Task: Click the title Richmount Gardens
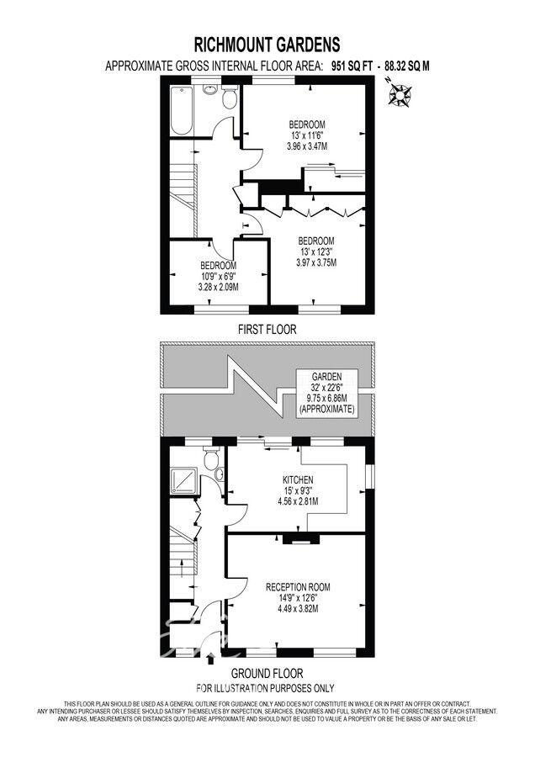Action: point(267,45)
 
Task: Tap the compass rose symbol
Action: point(400,94)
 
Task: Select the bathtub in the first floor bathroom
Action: point(182,110)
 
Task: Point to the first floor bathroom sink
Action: point(210,89)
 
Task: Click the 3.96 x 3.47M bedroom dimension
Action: point(306,146)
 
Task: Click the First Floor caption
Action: point(267,329)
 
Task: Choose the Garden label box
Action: point(327,393)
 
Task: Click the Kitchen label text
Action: point(298,480)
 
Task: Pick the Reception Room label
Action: point(298,588)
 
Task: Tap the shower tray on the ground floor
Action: point(184,480)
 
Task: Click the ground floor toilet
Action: point(211,458)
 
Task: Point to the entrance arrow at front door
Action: point(210,659)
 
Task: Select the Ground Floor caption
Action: point(267,674)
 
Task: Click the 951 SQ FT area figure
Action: point(352,66)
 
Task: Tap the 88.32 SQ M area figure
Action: point(407,66)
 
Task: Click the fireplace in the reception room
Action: point(301,539)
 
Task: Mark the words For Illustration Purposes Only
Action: point(265,688)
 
